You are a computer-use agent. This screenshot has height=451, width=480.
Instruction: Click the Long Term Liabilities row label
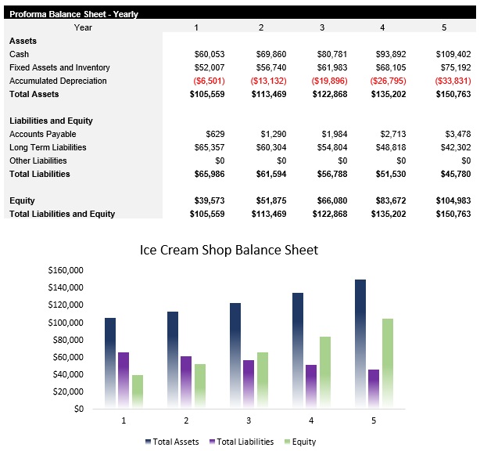tap(48, 147)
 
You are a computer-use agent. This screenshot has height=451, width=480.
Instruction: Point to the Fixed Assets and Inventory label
tap(59, 67)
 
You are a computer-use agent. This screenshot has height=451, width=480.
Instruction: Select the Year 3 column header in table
tap(322, 27)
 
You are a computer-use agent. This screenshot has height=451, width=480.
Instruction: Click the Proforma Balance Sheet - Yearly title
tap(73, 14)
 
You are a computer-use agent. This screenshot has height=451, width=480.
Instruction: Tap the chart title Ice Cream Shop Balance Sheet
tap(229, 250)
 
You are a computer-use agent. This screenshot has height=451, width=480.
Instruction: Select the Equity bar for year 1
tap(138, 391)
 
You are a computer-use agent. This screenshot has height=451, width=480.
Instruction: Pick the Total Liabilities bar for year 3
tap(249, 384)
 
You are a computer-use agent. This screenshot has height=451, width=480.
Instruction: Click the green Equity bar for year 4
tap(326, 372)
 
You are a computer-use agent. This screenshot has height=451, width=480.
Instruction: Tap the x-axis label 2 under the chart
tap(185, 421)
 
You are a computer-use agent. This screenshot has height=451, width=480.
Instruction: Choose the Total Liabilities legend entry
tap(242, 442)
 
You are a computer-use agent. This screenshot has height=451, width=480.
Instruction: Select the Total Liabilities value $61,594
tap(268, 174)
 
